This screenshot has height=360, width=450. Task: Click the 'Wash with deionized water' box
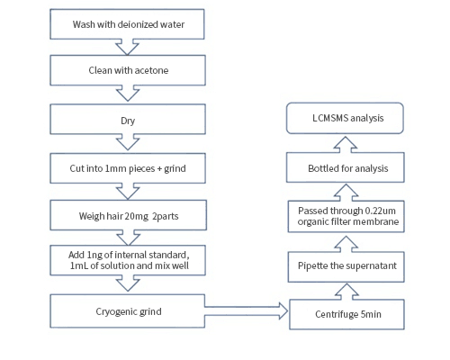click(x=127, y=24)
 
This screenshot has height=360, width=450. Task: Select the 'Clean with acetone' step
click(x=128, y=70)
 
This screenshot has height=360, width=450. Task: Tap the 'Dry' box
click(x=128, y=119)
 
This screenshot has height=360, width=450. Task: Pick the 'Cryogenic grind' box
click(x=128, y=311)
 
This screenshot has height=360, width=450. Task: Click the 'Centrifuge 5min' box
click(x=346, y=314)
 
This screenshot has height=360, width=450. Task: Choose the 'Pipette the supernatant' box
click(x=346, y=266)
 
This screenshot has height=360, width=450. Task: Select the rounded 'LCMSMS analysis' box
click(x=345, y=118)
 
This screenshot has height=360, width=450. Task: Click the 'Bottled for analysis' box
click(x=346, y=167)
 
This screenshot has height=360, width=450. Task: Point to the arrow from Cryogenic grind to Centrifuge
click(x=247, y=311)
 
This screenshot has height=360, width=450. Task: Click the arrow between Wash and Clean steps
click(x=127, y=48)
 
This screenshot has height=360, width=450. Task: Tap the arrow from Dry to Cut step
click(x=128, y=142)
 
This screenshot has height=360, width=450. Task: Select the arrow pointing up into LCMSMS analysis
click(x=346, y=145)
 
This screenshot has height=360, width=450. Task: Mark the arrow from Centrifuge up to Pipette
click(x=346, y=292)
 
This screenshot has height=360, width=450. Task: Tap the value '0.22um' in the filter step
click(x=380, y=211)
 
